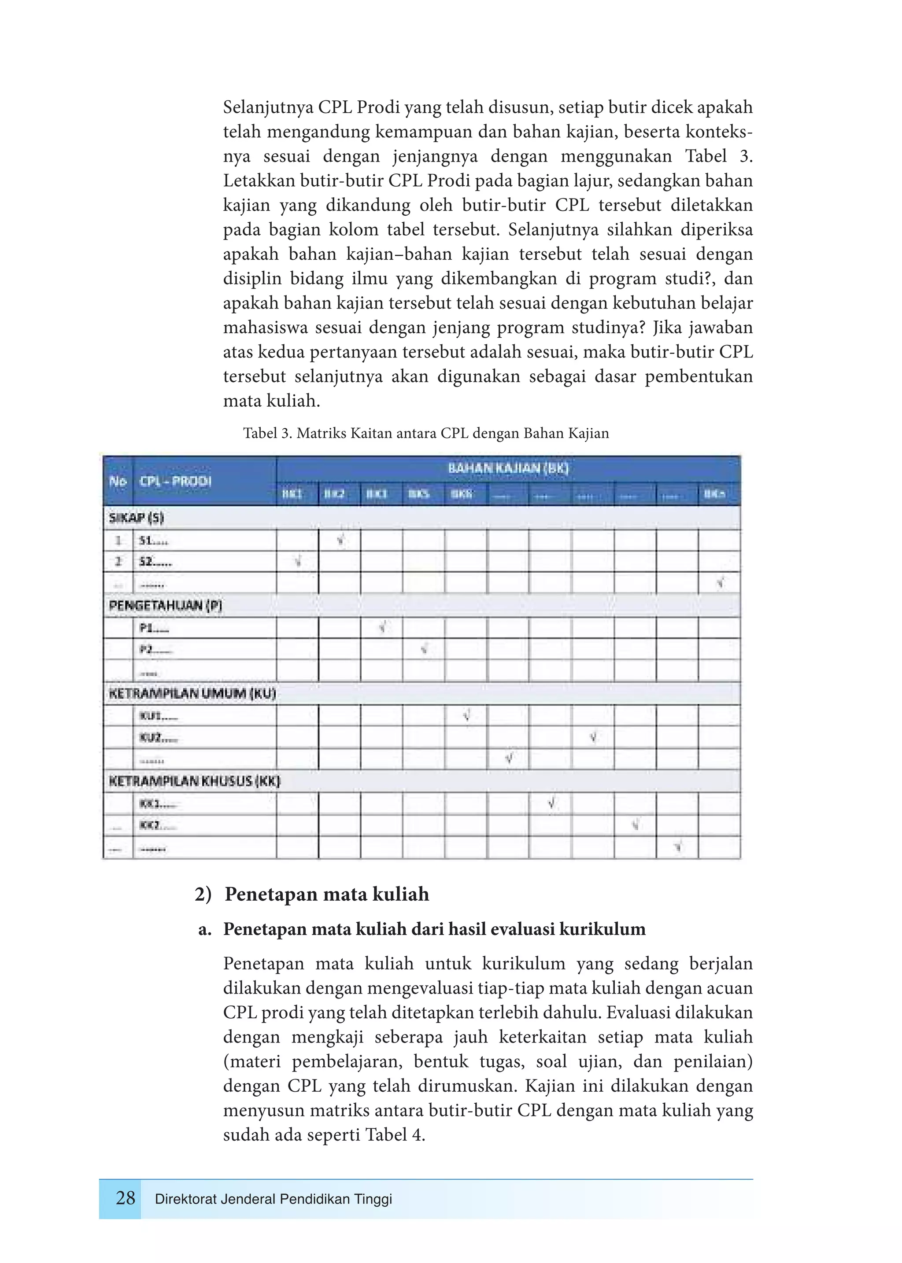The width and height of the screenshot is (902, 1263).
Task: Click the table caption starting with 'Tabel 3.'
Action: pyautogui.click(x=425, y=433)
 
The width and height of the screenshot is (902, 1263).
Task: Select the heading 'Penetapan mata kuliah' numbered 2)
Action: pyautogui.click(x=327, y=894)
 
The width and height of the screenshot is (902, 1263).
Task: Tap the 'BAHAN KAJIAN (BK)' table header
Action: pyautogui.click(x=508, y=468)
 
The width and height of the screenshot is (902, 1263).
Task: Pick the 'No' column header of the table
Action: pyautogui.click(x=118, y=481)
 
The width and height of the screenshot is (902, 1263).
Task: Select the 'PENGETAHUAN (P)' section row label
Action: pyautogui.click(x=166, y=605)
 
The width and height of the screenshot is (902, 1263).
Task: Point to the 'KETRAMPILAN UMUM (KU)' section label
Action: pyautogui.click(x=192, y=693)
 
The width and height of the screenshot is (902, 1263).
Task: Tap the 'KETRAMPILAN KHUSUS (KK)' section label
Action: pyautogui.click(x=194, y=781)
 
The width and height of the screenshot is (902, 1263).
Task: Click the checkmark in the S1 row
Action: pyautogui.click(x=340, y=539)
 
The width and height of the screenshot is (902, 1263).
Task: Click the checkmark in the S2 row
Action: pyautogui.click(x=298, y=561)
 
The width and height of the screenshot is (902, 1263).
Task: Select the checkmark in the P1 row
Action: pyautogui.click(x=383, y=627)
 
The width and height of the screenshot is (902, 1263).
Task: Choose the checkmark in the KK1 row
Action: pyautogui.click(x=551, y=803)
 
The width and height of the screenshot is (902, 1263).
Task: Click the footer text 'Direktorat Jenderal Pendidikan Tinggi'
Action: pyautogui.click(x=273, y=1199)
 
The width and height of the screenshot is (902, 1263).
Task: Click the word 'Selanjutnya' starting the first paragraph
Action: pyautogui.click(x=269, y=107)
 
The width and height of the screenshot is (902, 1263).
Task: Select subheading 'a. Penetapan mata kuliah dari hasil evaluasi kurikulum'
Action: pyautogui.click(x=422, y=929)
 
